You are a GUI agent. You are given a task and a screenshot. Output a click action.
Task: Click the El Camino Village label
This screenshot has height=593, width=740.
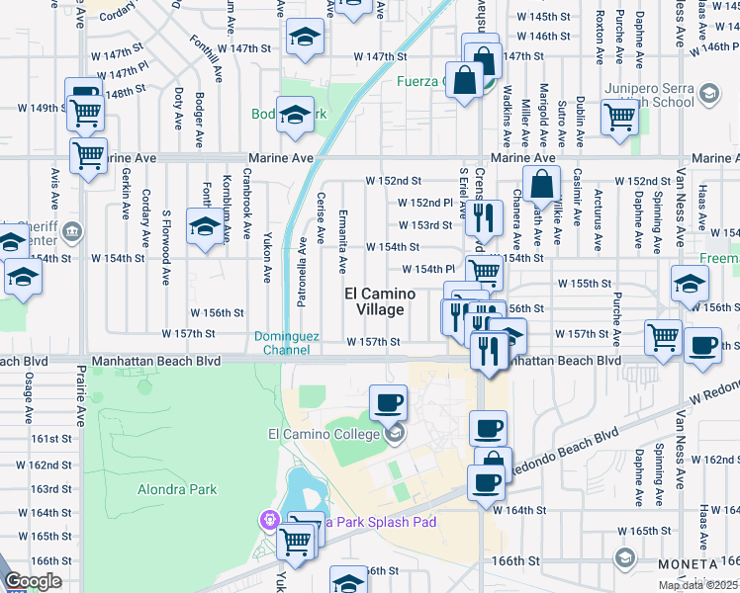coord(374,301)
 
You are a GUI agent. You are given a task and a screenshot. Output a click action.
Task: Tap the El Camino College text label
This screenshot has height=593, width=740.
coord(323,434)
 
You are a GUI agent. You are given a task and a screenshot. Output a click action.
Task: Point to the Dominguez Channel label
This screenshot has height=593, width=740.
coord(287,343)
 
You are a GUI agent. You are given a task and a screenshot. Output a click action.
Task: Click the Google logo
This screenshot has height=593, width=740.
coord(33,581)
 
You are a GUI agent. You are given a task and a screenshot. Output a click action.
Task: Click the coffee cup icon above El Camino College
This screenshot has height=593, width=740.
coord(388,401)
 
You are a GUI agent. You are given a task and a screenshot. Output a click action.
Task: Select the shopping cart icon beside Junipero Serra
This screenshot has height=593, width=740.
coord(619,116)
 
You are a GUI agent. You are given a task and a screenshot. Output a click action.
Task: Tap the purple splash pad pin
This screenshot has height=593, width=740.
coord(268,519)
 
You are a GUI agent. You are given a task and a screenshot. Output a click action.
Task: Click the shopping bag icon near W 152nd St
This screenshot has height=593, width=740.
coord(543,183)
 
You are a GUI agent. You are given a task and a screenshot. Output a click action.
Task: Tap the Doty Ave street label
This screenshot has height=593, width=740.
coord(179,109)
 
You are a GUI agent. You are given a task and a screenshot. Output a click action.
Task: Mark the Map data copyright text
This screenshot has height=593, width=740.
coord(697,585)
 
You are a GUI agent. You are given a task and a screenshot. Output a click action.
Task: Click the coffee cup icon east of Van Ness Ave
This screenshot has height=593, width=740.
coord(702,347)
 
